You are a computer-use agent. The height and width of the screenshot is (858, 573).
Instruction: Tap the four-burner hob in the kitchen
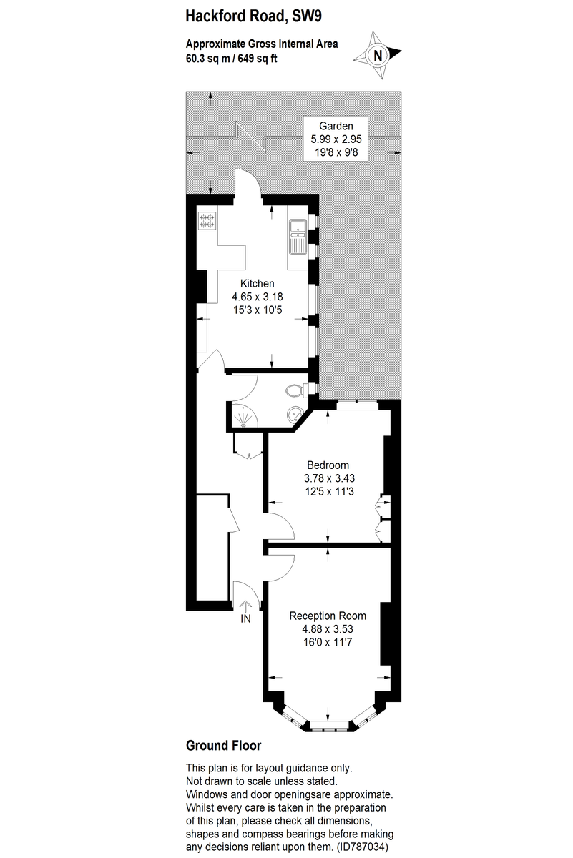pyautogui.click(x=207, y=221)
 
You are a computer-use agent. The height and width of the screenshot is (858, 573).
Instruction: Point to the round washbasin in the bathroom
pyautogui.click(x=293, y=414)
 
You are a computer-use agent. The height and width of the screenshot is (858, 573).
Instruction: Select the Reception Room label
pyautogui.click(x=328, y=616)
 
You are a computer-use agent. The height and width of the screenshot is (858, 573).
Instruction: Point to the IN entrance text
pyautogui.click(x=245, y=619)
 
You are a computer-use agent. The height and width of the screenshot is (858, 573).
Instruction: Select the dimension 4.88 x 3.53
pyautogui.click(x=328, y=629)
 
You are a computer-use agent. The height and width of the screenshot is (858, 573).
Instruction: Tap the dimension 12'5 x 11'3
pyautogui.click(x=328, y=491)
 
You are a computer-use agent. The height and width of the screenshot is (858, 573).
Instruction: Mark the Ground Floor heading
pyautogui.click(x=223, y=746)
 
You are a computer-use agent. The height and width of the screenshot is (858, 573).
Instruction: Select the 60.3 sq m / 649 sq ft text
pyautogui.click(x=231, y=58)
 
